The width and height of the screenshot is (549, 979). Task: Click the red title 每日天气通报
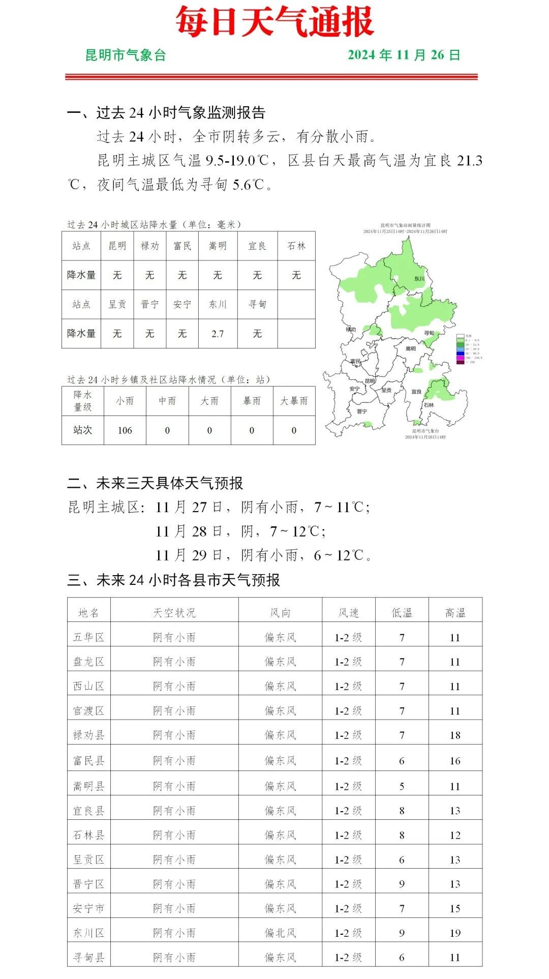[274, 22]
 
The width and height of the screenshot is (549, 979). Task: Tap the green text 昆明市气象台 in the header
[126, 55]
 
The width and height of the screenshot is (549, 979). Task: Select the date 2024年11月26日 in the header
[404, 55]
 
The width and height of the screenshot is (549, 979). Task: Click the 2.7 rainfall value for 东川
[218, 334]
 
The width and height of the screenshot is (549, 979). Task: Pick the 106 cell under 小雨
[125, 430]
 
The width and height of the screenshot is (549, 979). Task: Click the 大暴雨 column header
[294, 401]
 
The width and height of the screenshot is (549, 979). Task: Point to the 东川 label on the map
[419, 279]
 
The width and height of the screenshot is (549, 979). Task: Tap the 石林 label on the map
[429, 405]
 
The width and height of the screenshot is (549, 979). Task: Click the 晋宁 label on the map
[362, 411]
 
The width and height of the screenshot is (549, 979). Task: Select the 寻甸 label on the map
[429, 333]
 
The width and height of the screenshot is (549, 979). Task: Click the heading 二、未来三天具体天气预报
[155, 483]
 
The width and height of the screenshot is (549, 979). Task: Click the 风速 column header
[349, 613]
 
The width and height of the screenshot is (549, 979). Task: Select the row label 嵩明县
[89, 786]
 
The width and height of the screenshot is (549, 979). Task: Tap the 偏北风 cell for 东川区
[280, 933]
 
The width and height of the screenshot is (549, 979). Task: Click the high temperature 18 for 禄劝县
[455, 735]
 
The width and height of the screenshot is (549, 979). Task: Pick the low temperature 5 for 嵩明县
[402, 786]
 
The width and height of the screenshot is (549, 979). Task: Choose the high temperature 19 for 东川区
[455, 933]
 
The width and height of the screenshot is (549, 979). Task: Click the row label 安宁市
[89, 908]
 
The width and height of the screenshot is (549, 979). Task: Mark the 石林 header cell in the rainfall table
[296, 246]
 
